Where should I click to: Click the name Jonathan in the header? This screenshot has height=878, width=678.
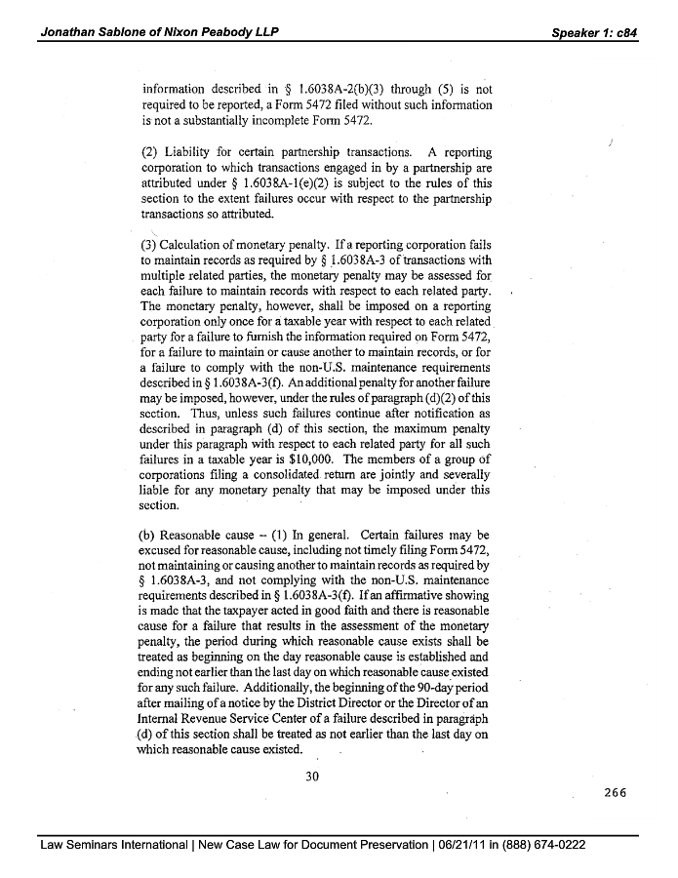pyautogui.click(x=69, y=32)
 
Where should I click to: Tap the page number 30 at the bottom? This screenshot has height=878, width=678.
pyautogui.click(x=312, y=777)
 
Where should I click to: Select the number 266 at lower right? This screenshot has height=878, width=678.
pyautogui.click(x=615, y=793)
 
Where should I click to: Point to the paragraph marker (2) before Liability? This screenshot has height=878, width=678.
pyautogui.click(x=150, y=152)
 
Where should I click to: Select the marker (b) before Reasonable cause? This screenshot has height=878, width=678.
pyautogui.click(x=150, y=536)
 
